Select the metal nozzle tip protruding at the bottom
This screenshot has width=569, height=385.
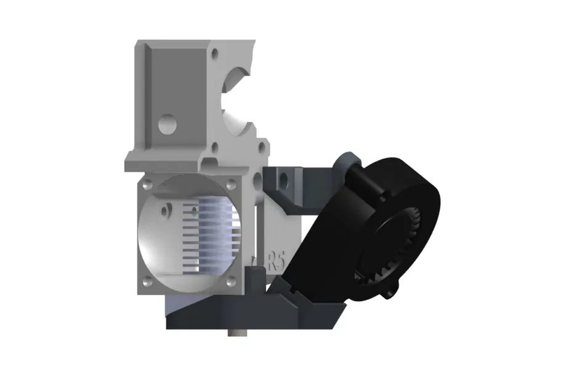point(236,334)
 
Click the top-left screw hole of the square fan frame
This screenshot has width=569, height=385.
point(147,183)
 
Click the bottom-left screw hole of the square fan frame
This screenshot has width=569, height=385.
point(147,283)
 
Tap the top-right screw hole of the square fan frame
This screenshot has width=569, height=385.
point(230,183)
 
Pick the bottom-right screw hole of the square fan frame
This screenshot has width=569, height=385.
point(232,282)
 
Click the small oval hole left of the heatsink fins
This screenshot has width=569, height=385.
point(164,210)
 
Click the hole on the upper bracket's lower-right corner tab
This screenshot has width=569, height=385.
point(261,148)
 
